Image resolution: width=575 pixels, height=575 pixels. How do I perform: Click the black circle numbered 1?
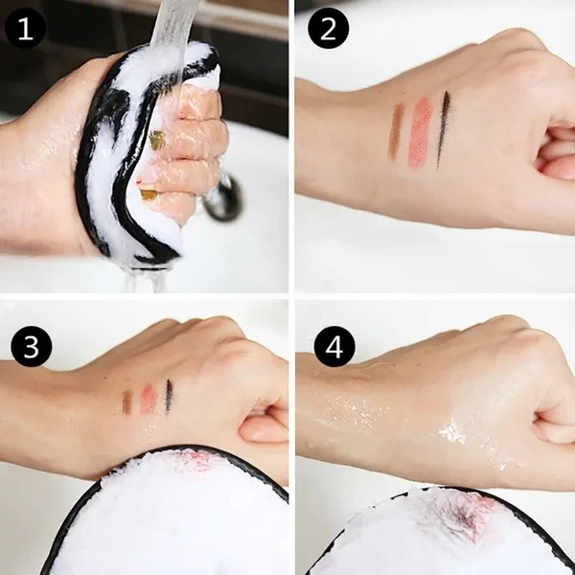[25, 29]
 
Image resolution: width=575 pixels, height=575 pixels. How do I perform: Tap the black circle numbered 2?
[328, 29]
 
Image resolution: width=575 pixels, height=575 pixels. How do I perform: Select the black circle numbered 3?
[32, 347]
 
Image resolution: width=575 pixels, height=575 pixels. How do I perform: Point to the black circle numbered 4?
[334, 347]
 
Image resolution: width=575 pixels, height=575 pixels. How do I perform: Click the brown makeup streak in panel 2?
[396, 131]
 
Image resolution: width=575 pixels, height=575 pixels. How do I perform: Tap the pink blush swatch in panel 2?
[421, 133]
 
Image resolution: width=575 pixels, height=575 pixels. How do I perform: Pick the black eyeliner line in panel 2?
[444, 129]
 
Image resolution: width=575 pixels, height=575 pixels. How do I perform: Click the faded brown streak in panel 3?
[126, 402]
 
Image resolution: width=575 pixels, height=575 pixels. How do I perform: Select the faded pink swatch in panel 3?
[149, 400]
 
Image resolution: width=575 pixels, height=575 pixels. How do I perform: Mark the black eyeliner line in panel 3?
[169, 397]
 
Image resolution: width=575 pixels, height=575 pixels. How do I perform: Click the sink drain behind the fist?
[223, 198]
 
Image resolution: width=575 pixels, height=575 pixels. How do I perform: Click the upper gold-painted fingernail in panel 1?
[157, 140]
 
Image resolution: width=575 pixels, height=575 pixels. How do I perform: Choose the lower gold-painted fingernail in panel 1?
[149, 195]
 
